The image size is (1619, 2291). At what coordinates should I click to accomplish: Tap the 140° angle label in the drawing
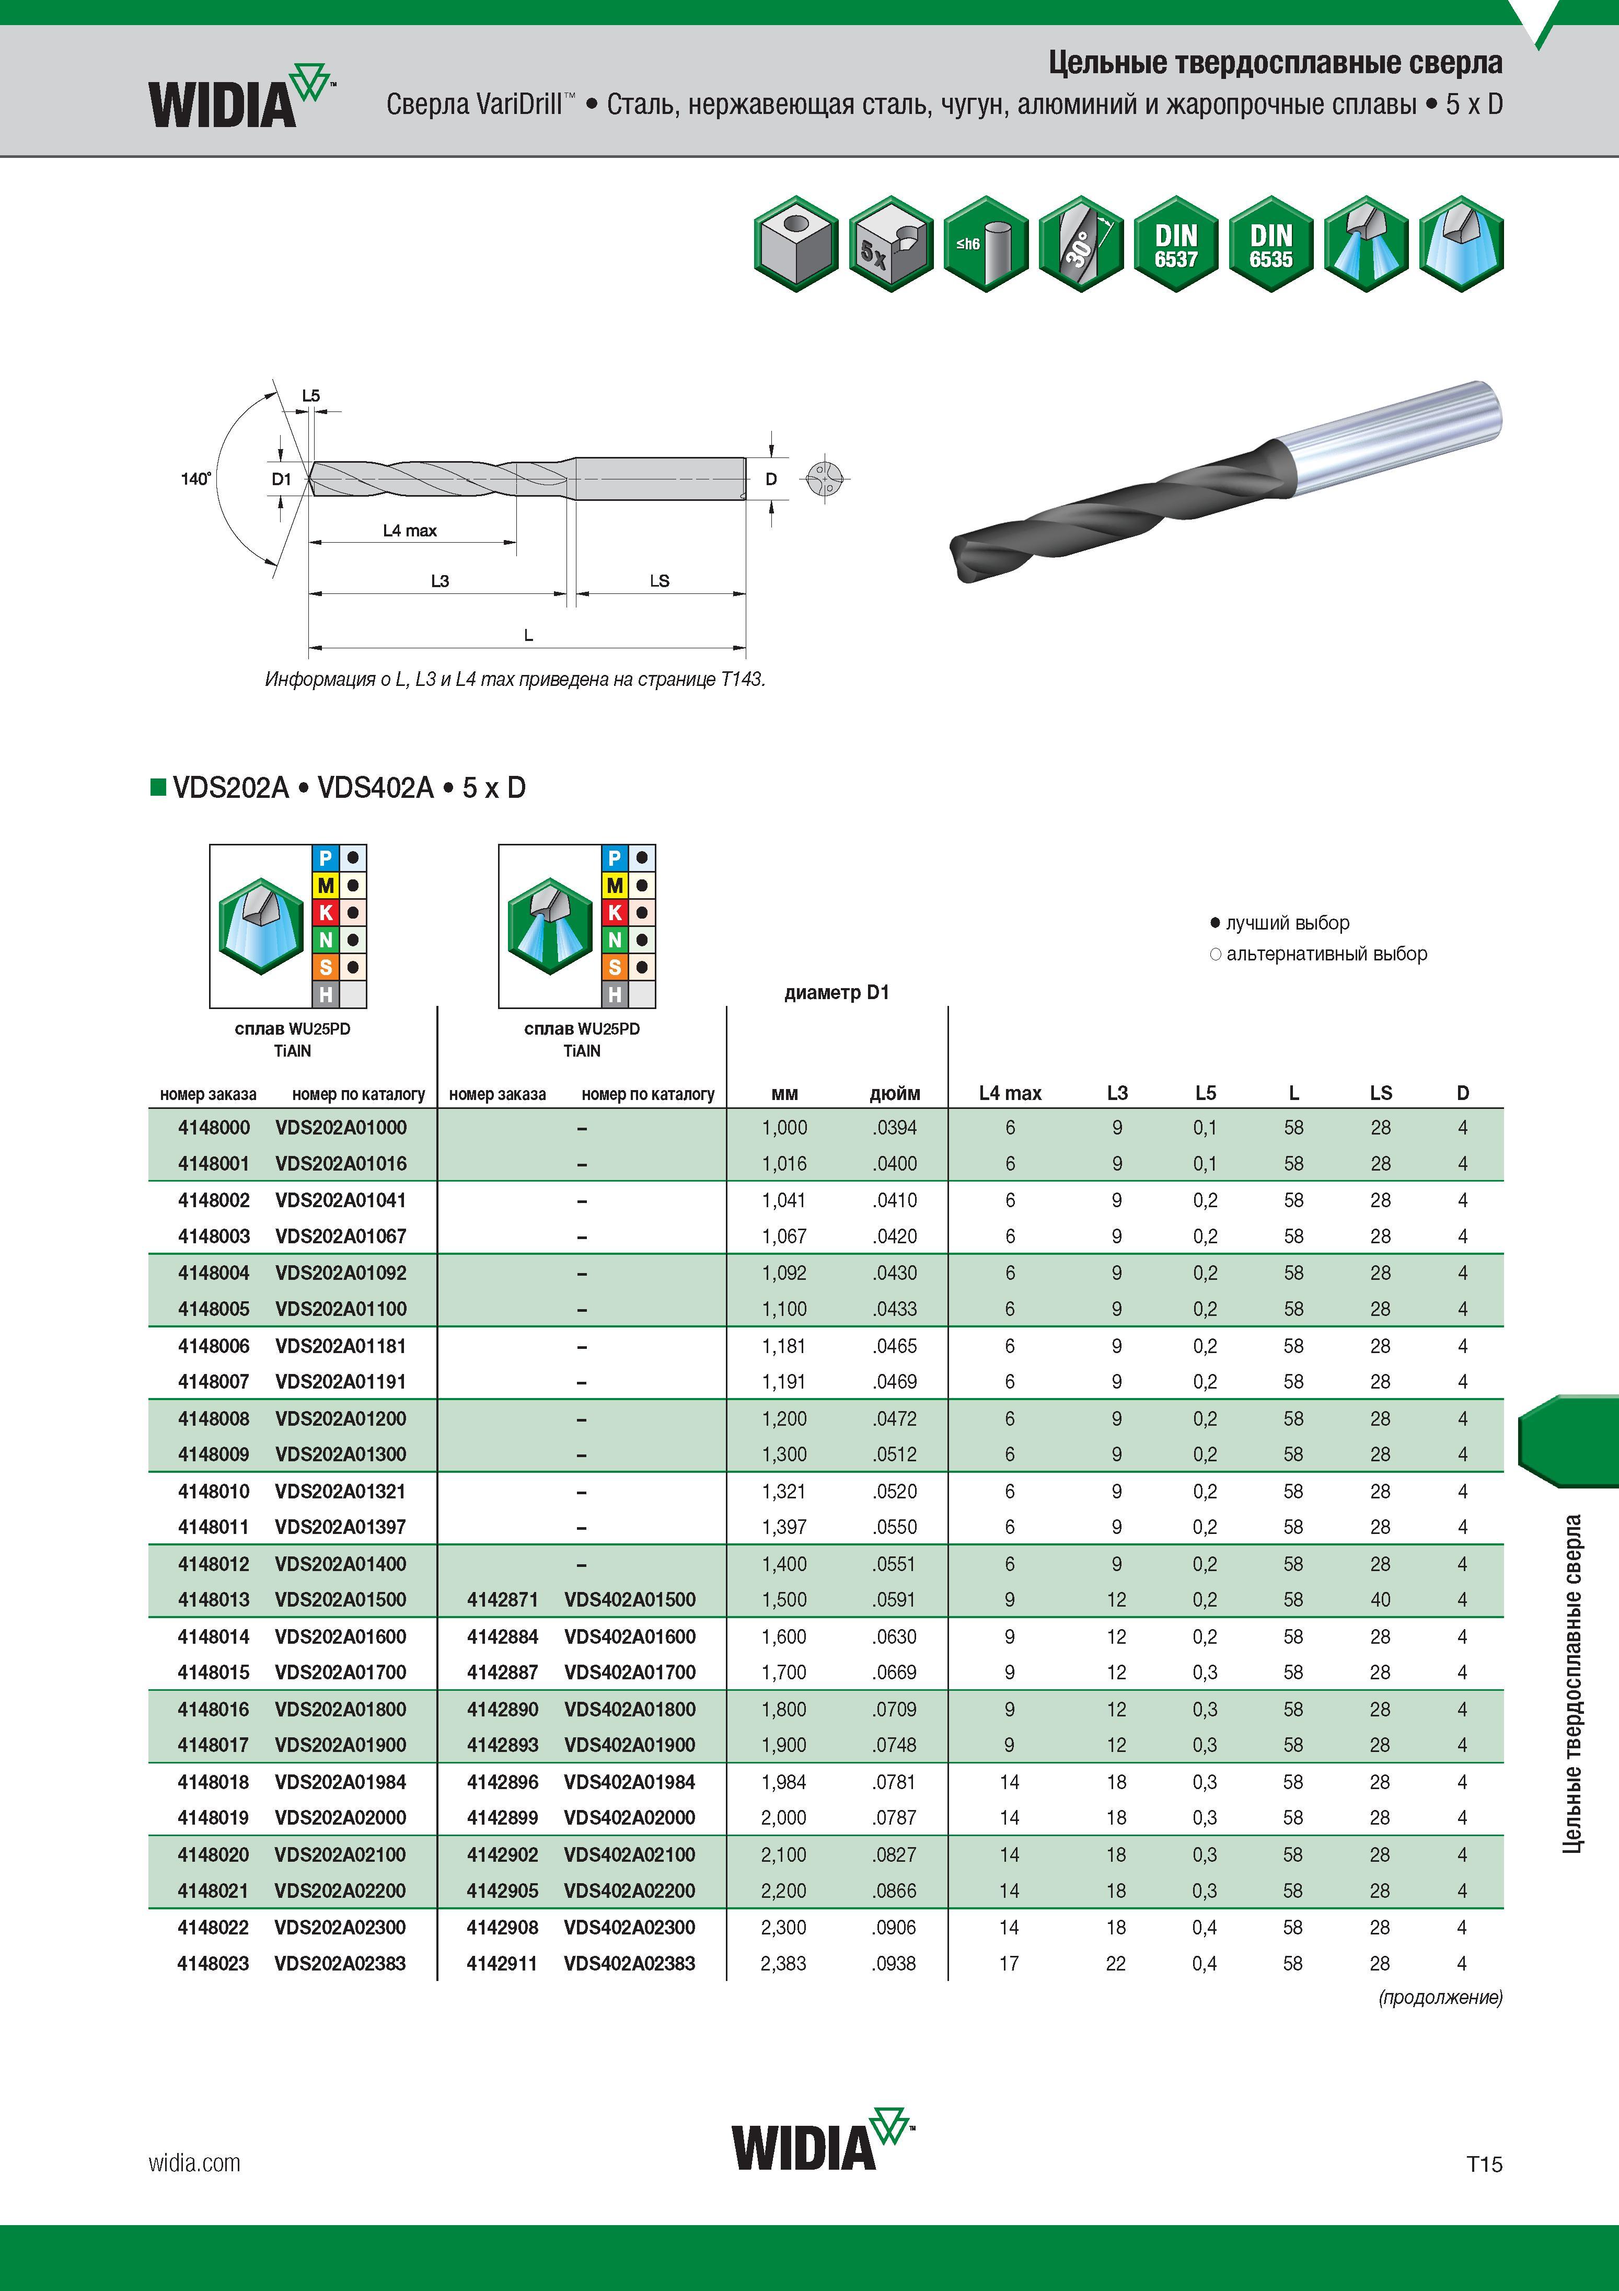click(195, 479)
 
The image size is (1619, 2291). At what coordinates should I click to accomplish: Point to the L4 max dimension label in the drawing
click(410, 531)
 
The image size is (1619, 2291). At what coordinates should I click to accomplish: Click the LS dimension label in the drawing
click(660, 581)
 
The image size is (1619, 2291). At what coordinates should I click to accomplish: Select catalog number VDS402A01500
click(629, 1599)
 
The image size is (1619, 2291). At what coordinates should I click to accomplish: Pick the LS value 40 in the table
click(1380, 1599)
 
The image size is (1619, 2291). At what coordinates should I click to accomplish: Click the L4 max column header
click(1010, 1094)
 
